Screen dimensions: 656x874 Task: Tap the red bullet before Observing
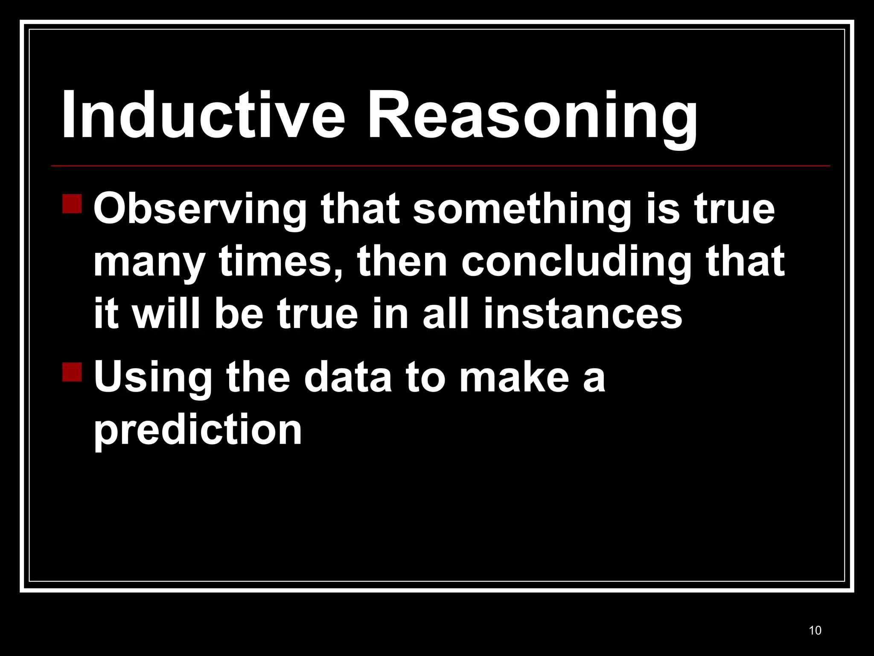coord(72,204)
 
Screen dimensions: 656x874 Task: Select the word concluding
coord(576,261)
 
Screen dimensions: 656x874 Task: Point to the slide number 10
coord(815,630)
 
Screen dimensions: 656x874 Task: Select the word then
coord(402,261)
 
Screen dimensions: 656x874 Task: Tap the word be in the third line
coord(239,314)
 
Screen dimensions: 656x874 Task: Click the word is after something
coord(662,209)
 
